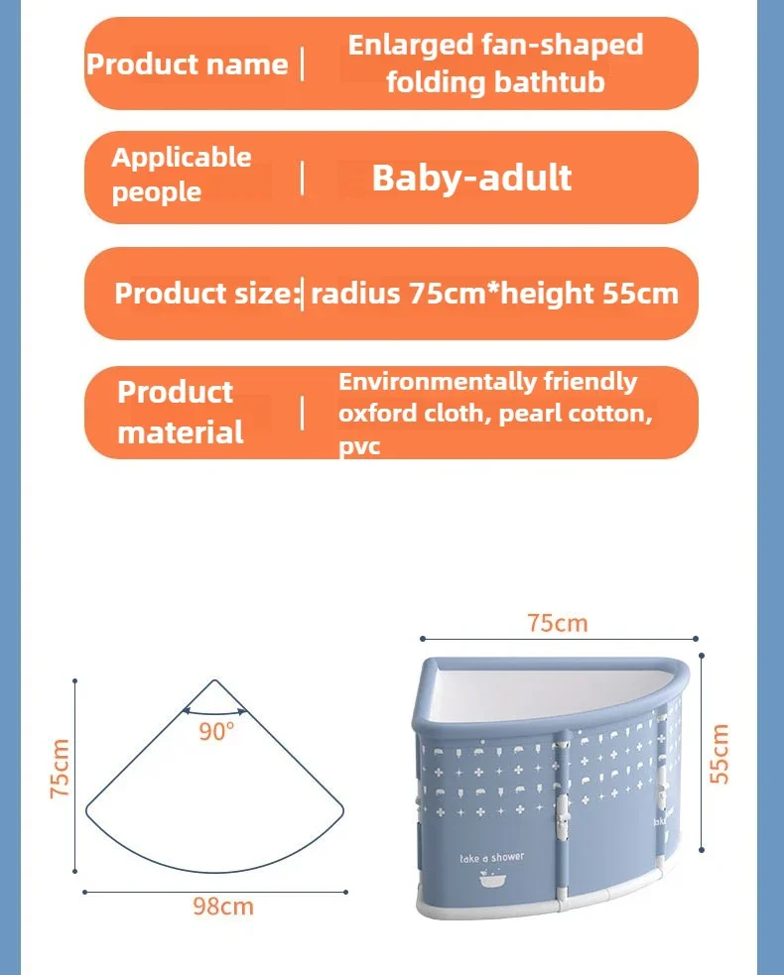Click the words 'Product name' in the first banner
click(188, 64)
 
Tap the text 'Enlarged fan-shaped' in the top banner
click(495, 46)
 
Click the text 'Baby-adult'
click(471, 179)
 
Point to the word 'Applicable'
click(182, 158)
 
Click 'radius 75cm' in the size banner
click(398, 293)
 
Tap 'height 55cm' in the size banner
click(589, 293)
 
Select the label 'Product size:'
click(207, 293)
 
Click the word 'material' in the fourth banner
click(181, 432)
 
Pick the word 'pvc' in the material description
click(359, 445)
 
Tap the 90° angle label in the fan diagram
click(216, 731)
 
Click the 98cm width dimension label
click(222, 907)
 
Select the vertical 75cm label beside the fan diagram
click(60, 769)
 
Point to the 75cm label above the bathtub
click(558, 623)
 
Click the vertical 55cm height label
click(719, 754)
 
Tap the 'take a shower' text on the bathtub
click(492, 858)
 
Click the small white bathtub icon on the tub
click(492, 878)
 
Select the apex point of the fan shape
click(214, 679)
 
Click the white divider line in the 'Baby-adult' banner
click(303, 179)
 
